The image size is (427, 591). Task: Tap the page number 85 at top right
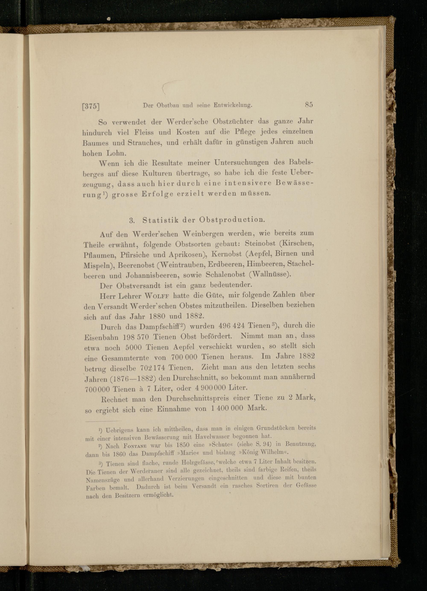309,105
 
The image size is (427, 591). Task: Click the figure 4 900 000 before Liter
210,387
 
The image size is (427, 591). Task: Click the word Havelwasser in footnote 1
213,437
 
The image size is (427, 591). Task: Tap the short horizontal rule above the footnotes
103,421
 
